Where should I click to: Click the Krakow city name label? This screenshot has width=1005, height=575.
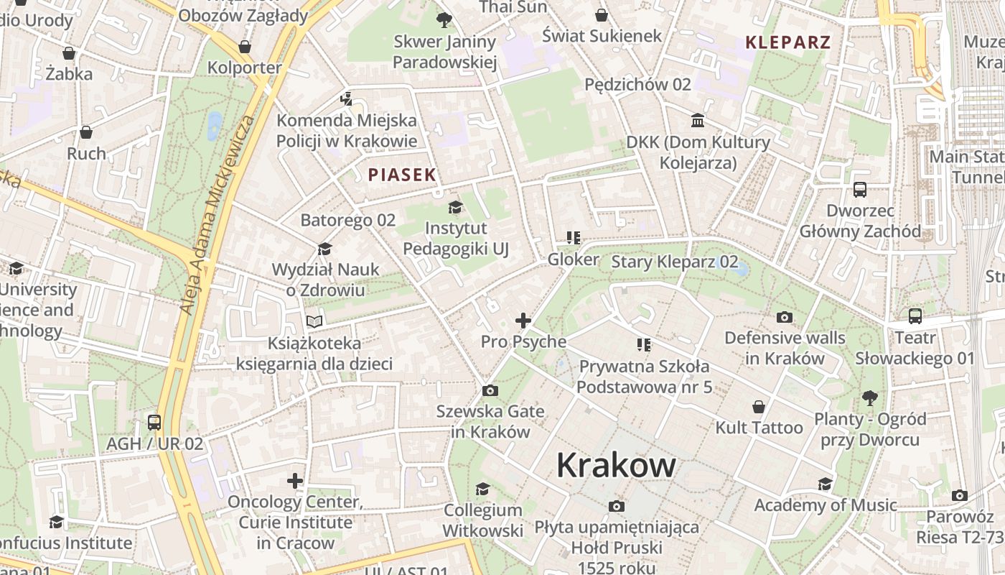click(616, 465)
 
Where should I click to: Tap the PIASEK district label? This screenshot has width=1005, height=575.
click(402, 174)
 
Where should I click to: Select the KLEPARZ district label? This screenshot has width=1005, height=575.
click(787, 42)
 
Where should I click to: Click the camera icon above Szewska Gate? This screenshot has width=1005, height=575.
click(490, 390)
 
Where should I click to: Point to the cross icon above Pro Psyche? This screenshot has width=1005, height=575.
click(523, 321)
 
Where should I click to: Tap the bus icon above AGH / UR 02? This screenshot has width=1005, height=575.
click(154, 423)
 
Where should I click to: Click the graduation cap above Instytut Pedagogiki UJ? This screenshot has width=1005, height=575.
click(455, 208)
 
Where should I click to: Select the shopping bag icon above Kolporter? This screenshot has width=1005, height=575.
click(245, 47)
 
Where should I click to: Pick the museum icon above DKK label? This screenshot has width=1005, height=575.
click(698, 120)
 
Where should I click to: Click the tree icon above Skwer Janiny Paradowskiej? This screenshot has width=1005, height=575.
click(444, 20)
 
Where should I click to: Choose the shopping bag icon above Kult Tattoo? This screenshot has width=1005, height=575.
click(759, 407)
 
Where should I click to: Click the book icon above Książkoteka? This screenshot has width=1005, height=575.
click(314, 321)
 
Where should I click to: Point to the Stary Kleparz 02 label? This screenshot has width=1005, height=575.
click(674, 262)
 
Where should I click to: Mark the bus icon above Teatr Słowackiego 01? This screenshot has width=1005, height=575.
click(915, 316)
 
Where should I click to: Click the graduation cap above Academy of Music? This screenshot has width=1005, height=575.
click(825, 484)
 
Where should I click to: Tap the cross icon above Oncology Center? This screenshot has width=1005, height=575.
click(295, 480)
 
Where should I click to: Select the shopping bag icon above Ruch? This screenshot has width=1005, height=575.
click(86, 132)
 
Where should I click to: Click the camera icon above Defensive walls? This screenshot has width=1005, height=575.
click(785, 317)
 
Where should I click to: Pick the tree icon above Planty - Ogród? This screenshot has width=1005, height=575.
click(870, 397)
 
